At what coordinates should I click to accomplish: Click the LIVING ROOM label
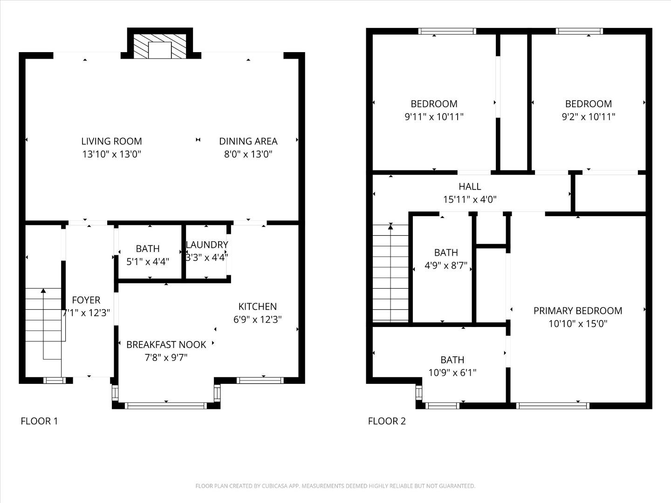111,141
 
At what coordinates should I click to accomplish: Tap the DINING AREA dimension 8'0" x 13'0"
248,154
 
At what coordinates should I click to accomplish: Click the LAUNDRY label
207,245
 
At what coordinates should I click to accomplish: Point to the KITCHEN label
257,306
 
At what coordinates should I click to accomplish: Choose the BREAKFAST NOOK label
166,345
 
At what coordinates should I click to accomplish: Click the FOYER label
86,300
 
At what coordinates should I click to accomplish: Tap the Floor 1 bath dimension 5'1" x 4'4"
148,262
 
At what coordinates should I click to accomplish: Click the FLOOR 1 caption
39,421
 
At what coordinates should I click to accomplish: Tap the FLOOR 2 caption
387,421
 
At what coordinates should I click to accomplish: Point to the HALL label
470,187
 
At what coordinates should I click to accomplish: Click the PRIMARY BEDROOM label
578,311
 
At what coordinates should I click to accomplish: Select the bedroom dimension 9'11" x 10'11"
434,117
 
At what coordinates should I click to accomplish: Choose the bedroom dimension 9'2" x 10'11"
588,117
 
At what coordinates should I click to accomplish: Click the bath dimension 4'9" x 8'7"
446,266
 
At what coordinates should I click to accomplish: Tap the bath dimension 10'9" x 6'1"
452,373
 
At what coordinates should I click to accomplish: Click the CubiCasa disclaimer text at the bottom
335,486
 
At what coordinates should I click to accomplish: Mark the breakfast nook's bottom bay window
166,406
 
